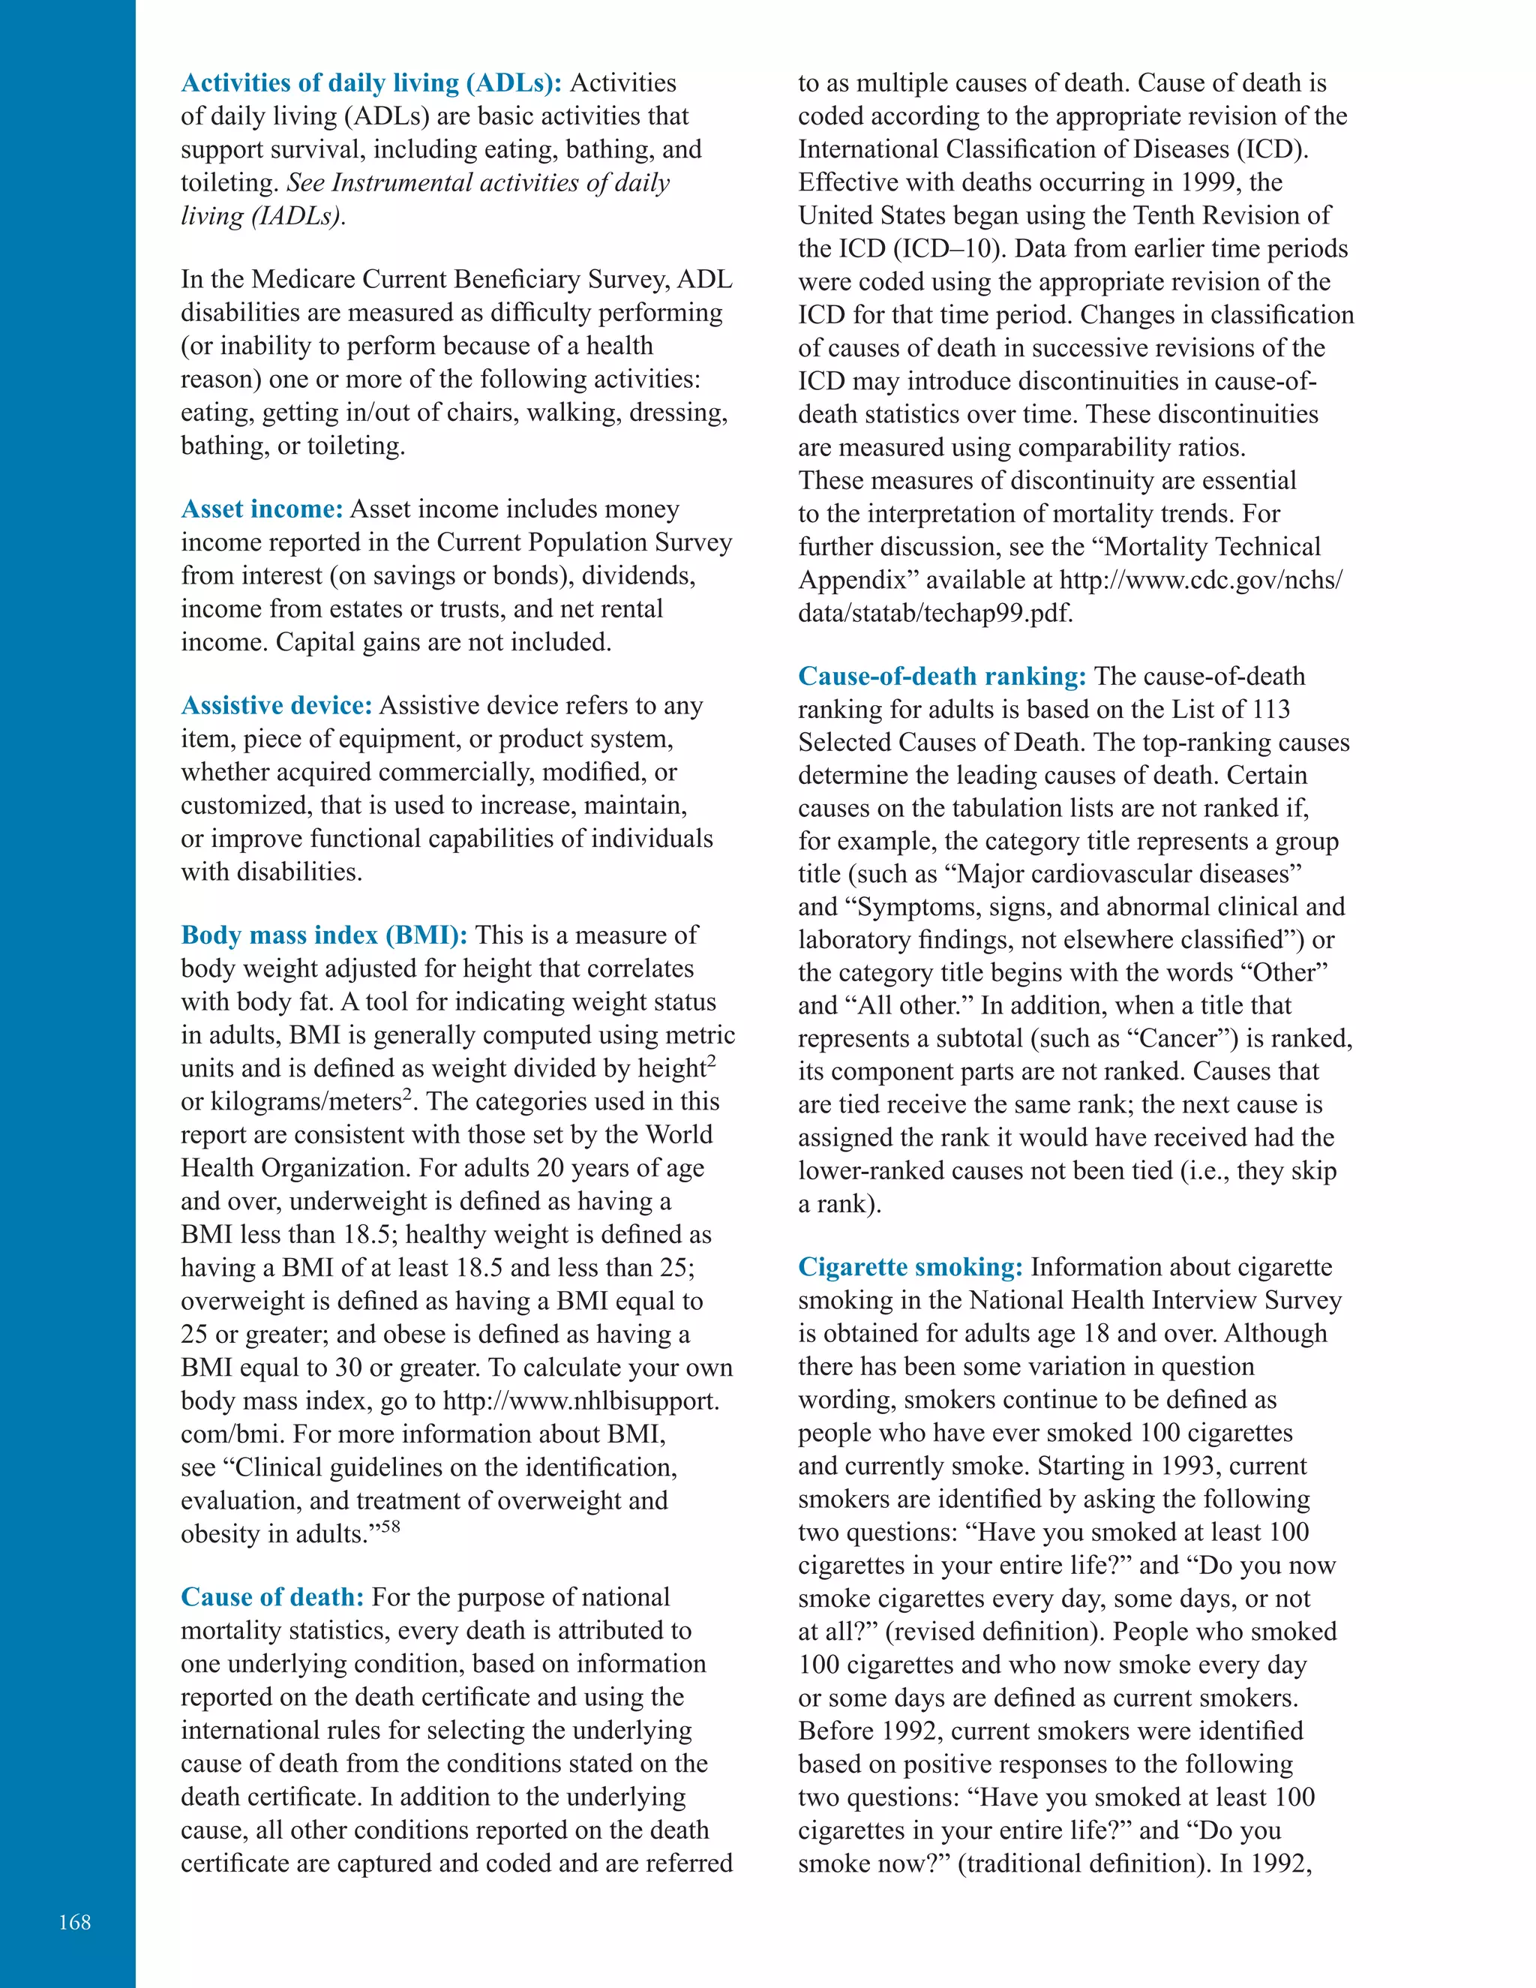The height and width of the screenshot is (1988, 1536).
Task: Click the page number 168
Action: point(74,1921)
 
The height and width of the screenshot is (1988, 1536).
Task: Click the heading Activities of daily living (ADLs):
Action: point(371,83)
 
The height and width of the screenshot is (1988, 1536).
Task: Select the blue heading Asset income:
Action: point(261,509)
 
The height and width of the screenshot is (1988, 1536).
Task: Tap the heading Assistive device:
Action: point(277,705)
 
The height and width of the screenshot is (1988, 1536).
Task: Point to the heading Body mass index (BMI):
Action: point(324,935)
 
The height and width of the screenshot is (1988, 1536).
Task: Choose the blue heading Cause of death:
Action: point(272,1596)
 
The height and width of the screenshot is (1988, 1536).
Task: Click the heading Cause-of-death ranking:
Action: point(942,677)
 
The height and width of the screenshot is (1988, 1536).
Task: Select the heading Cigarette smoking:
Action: point(910,1267)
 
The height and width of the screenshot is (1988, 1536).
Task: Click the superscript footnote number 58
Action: point(390,1527)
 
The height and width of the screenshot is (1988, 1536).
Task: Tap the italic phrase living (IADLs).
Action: point(262,217)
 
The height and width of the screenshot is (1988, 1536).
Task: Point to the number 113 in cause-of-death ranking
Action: point(1270,709)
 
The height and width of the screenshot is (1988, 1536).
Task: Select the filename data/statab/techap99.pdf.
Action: point(935,614)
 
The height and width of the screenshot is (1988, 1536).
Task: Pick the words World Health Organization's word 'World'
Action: point(679,1135)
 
